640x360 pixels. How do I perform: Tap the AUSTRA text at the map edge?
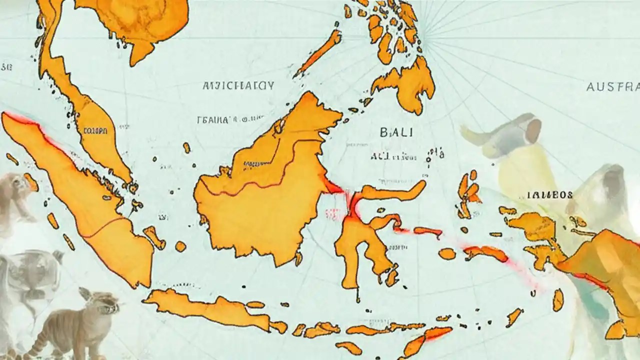[x=612, y=86]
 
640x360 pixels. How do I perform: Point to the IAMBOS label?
[x=549, y=195]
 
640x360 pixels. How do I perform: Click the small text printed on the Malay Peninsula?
[x=94, y=131]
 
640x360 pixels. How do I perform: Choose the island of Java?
[x=210, y=307]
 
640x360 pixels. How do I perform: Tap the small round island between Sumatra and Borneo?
[x=180, y=246]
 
